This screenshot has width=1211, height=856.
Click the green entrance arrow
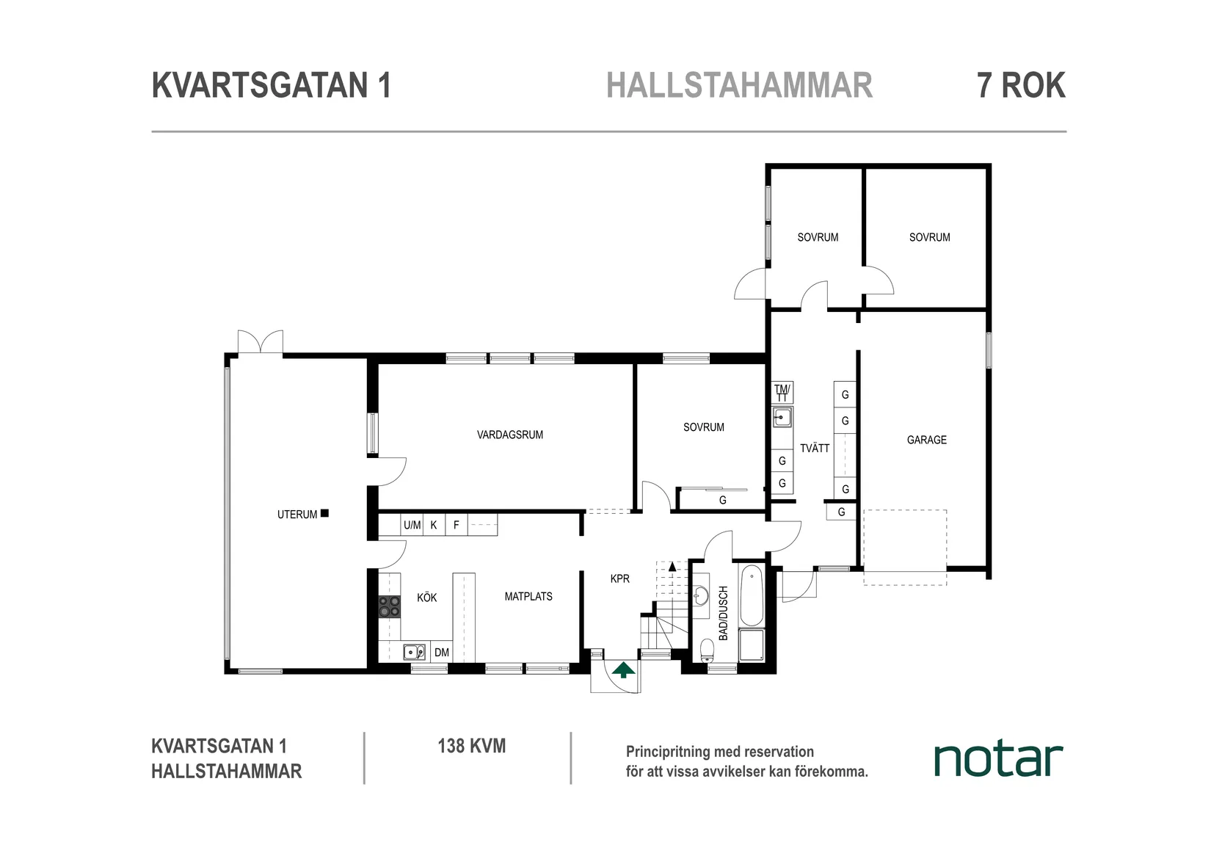[623, 670]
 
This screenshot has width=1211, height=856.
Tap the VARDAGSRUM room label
[510, 435]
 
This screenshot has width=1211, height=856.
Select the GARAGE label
[926, 440]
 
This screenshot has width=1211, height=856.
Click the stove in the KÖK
[389, 606]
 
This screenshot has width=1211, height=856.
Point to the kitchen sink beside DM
[414, 651]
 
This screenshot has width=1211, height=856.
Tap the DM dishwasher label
[441, 652]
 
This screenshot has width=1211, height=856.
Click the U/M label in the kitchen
[412, 525]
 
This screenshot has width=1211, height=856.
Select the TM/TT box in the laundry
[782, 392]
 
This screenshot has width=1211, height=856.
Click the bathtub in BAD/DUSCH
[752, 595]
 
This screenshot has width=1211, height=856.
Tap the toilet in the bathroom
[707, 650]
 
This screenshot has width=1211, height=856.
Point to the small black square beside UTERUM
[324, 513]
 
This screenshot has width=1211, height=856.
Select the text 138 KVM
[471, 746]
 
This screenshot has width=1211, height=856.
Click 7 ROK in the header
[1020, 85]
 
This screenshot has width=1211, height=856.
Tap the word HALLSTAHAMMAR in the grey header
[739, 85]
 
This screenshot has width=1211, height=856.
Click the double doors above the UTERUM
[260, 343]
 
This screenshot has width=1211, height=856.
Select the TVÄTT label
[815, 448]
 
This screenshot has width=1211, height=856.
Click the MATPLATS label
[528, 596]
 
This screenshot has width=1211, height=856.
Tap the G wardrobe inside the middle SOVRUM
[722, 500]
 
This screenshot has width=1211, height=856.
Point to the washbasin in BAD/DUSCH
[702, 595]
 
